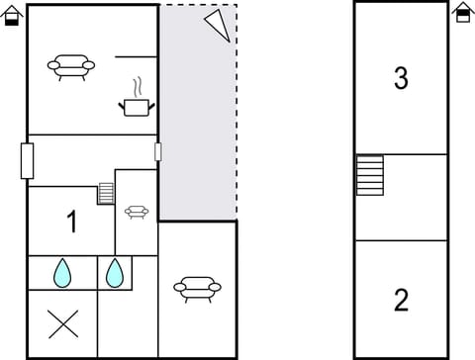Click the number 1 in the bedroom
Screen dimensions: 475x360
(71, 223)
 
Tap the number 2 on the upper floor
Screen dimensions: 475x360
(401, 300)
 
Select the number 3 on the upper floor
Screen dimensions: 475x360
(401, 79)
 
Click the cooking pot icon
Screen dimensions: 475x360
(136, 106)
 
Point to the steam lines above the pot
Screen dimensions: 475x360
(138, 86)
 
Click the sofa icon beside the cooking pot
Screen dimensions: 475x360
(71, 66)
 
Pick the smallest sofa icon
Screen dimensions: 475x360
(137, 211)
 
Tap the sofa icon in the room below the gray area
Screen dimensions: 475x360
(197, 288)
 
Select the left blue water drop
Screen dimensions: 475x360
(62, 272)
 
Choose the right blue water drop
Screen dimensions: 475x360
(115, 272)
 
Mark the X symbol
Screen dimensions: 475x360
(63, 323)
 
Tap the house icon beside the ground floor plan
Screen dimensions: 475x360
(12, 14)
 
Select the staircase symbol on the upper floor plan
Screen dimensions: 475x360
(369, 175)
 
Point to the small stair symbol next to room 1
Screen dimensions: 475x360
(106, 193)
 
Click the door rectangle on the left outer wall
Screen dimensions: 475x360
(27, 160)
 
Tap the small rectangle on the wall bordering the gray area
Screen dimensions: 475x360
(157, 151)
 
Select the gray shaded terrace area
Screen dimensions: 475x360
(198, 129)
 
